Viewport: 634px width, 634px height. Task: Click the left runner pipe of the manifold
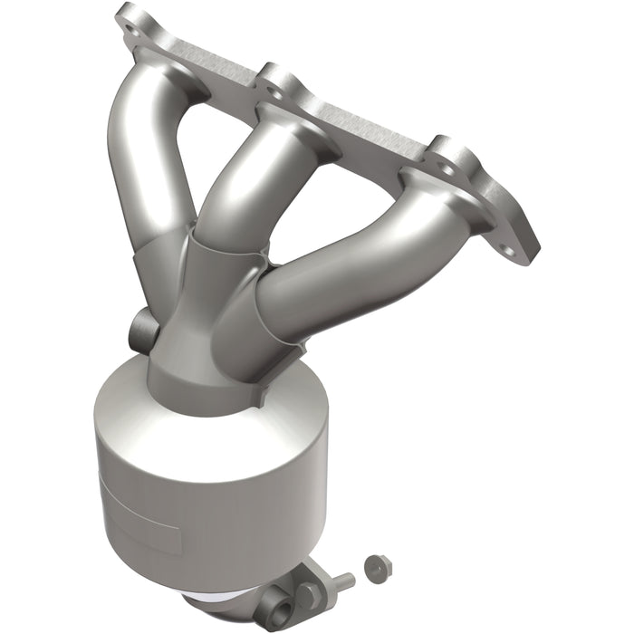coord(145,145)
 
